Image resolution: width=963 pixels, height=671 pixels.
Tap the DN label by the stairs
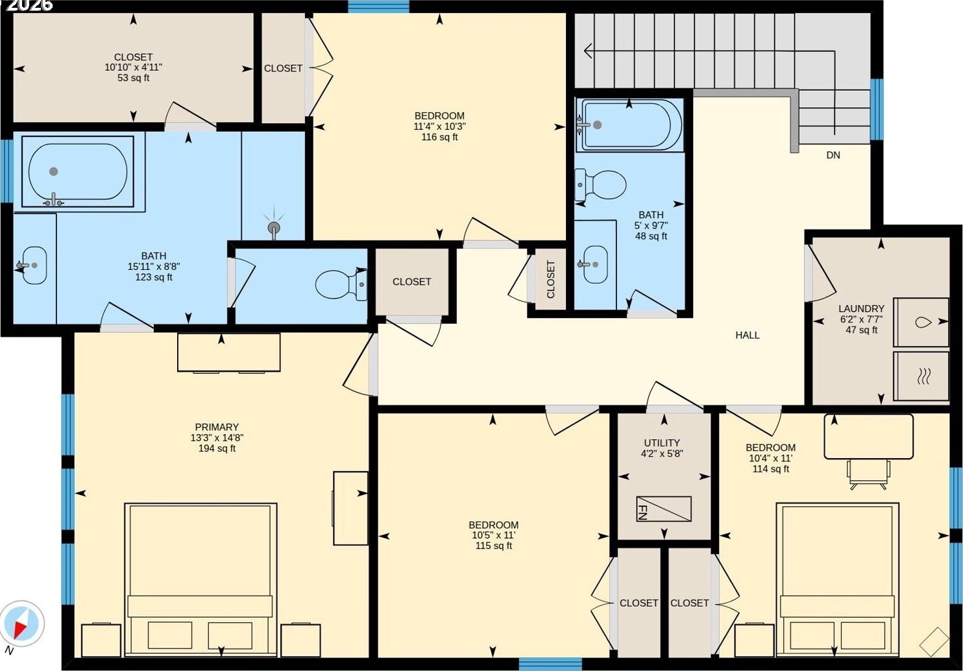tap(833, 155)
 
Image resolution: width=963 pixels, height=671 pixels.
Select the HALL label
tap(747, 335)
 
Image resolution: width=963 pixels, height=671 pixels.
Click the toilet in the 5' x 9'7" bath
tap(601, 185)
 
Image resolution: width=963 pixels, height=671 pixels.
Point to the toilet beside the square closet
tap(341, 284)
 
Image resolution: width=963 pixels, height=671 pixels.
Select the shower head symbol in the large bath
tap(274, 226)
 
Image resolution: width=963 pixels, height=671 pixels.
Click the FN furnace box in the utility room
tap(664, 509)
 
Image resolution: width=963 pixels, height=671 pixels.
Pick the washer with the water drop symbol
tap(921, 322)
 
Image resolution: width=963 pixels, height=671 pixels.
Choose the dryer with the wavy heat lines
tap(921, 376)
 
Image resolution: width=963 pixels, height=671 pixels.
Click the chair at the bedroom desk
tap(868, 474)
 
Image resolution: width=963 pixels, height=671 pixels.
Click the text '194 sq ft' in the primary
tap(217, 448)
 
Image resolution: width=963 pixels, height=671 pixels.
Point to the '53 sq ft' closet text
tap(133, 78)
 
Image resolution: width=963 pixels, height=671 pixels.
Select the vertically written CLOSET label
tap(551, 280)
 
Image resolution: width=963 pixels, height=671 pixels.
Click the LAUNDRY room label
tap(861, 309)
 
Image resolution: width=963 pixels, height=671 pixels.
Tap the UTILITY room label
tap(662, 443)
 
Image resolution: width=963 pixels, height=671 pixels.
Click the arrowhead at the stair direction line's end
tap(588, 51)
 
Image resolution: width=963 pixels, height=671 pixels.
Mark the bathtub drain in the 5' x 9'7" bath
tap(597, 125)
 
